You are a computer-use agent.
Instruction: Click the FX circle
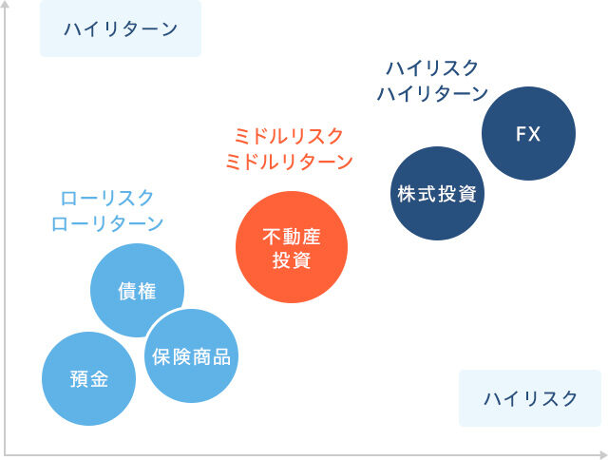528,133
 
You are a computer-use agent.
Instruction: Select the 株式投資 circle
438,193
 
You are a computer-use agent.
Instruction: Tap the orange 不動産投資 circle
292,245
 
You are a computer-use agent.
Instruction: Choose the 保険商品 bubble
192,356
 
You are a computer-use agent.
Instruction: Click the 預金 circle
89,379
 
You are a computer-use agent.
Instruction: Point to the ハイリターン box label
121,29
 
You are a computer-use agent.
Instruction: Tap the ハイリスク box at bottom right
529,398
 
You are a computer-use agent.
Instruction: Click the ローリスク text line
106,198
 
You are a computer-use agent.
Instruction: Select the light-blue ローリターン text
106,224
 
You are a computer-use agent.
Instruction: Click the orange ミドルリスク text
288,136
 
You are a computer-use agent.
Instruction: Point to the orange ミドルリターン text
288,162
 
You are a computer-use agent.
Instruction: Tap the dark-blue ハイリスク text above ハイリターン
432,67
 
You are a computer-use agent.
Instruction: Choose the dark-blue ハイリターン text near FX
432,93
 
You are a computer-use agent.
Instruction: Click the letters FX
528,134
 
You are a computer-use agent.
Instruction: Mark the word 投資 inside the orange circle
292,259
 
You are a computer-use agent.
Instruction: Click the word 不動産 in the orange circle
292,235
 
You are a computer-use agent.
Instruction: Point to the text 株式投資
438,194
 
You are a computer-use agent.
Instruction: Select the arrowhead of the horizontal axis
601,452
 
